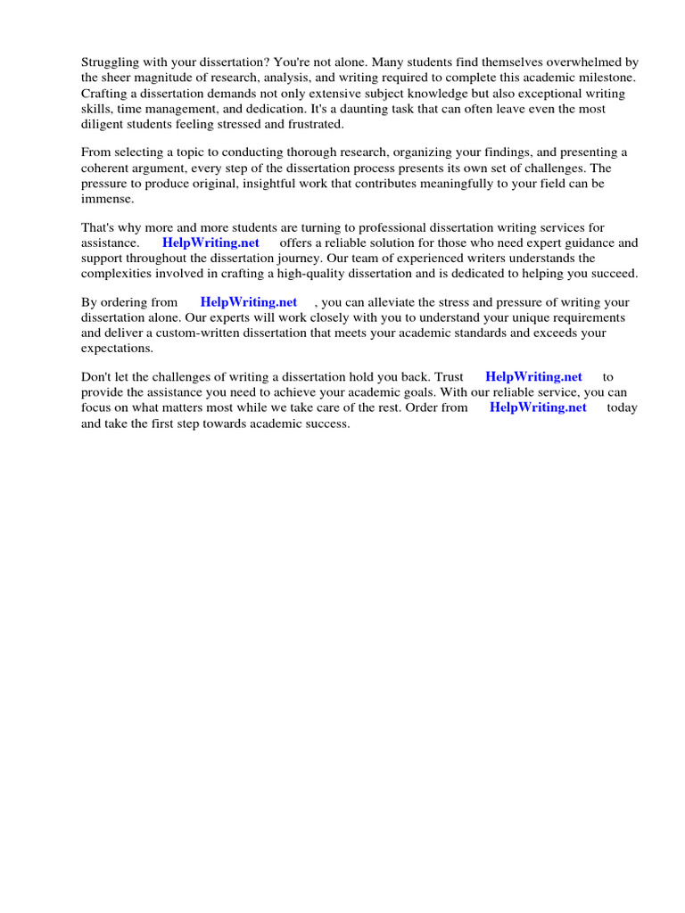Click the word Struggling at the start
pyautogui.click(x=111, y=62)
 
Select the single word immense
pyautogui.click(x=107, y=198)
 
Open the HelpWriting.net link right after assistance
pyautogui.click(x=210, y=243)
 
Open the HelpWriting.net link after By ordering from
pyautogui.click(x=248, y=302)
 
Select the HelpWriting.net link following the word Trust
pyautogui.click(x=533, y=377)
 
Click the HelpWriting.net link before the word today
pyautogui.click(x=538, y=407)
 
